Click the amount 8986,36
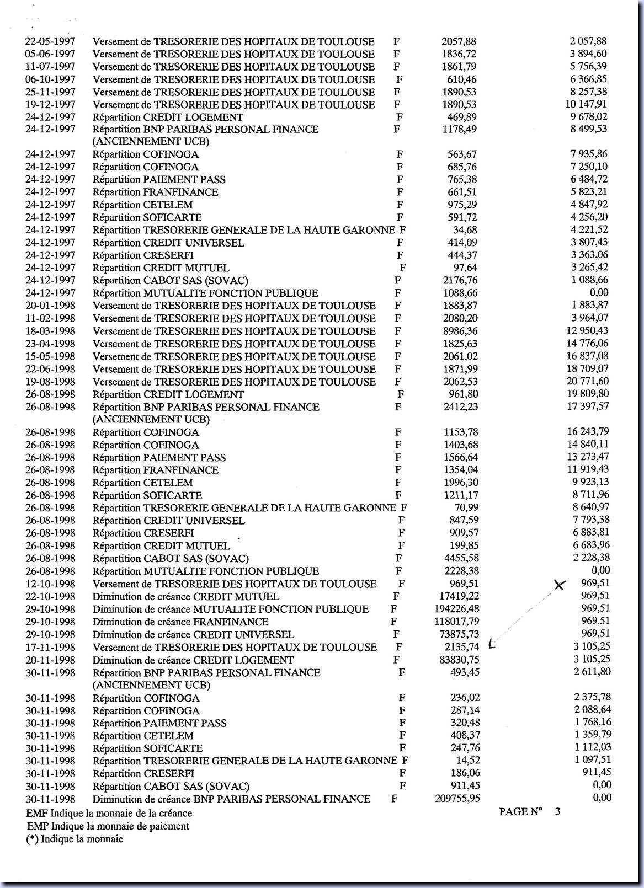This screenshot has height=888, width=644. (461, 331)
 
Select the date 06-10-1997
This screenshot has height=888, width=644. (50, 79)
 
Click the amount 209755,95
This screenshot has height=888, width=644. (457, 799)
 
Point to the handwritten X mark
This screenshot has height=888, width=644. (560, 585)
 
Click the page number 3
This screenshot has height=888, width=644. (558, 811)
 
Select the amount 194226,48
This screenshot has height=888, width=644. (457, 609)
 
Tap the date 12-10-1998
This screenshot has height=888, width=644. (50, 584)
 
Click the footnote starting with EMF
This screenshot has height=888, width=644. (109, 814)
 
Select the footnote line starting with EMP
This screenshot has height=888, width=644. (108, 826)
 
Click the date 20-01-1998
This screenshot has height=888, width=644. (50, 306)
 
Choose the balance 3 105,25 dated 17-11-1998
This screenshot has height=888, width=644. (591, 646)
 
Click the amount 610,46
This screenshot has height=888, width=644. (462, 79)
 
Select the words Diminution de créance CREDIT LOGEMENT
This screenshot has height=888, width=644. (193, 660)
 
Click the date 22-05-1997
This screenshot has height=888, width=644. (50, 41)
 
